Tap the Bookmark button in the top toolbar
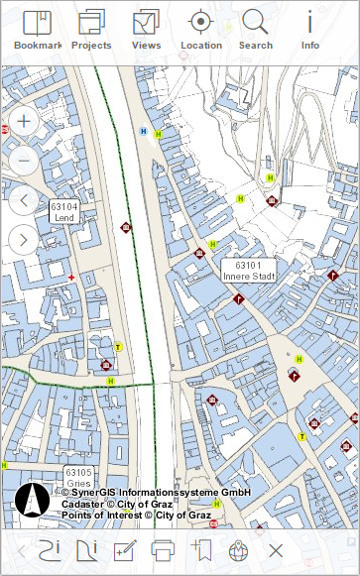(x=37, y=29)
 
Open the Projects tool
(x=91, y=29)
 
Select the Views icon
(x=146, y=29)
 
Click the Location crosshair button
(x=201, y=29)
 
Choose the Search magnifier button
(x=255, y=29)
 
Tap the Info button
(x=310, y=29)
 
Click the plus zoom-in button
(x=24, y=122)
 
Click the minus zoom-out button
(x=24, y=160)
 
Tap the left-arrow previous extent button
(x=24, y=200)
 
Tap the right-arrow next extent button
(x=24, y=239)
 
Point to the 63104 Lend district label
(x=64, y=211)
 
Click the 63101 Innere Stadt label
(x=248, y=271)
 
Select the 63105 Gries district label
(x=78, y=477)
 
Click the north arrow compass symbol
(x=32, y=501)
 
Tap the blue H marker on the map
(x=144, y=130)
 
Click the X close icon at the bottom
(x=276, y=550)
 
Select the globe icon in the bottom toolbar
(x=237, y=550)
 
